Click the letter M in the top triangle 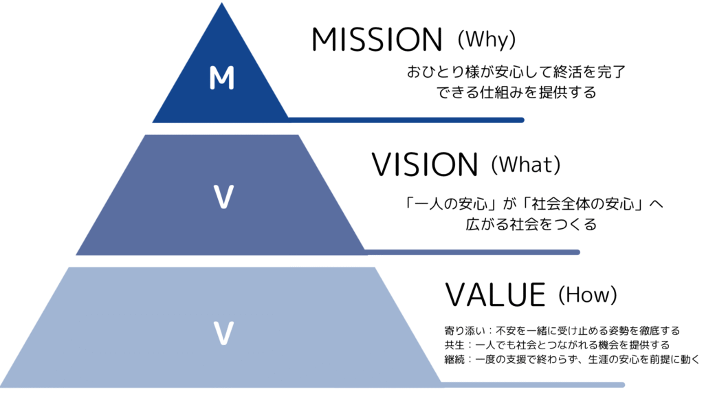pyautogui.click(x=221, y=79)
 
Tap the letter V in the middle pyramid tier pyautogui.click(x=221, y=197)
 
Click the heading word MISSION pyautogui.click(x=376, y=41)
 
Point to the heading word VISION pyautogui.click(x=424, y=165)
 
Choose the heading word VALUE pyautogui.click(x=495, y=295)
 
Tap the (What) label pyautogui.click(x=527, y=164)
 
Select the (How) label pyautogui.click(x=588, y=295)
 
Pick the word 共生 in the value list pyautogui.click(x=454, y=344)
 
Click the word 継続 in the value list pyautogui.click(x=454, y=359)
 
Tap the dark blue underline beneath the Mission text pyautogui.click(x=406, y=120)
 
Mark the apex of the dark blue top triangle pyautogui.click(x=221, y=5)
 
